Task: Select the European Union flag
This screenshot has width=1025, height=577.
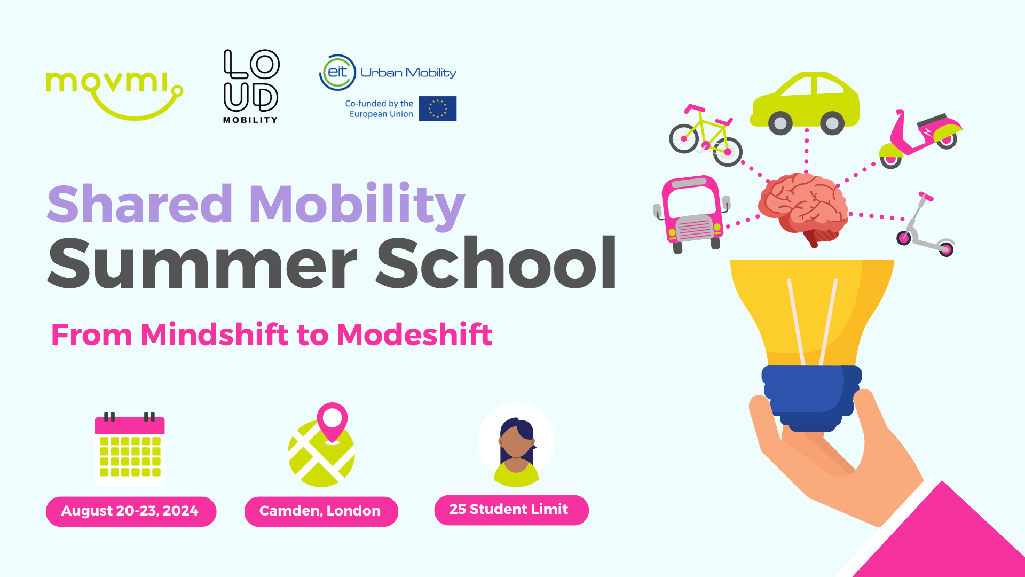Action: [x=438, y=108]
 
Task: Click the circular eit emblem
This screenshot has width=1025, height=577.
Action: [x=337, y=72]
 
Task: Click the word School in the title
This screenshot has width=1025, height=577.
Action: [x=497, y=263]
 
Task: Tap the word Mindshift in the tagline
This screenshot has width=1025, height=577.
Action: [x=215, y=334]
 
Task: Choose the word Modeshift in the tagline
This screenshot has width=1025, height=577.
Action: [x=414, y=334]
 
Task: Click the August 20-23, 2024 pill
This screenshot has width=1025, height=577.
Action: [x=131, y=511]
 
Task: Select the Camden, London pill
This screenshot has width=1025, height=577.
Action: [x=321, y=511]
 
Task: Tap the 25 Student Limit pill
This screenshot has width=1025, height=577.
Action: [x=511, y=510]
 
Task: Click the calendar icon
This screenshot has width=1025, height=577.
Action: [x=130, y=449]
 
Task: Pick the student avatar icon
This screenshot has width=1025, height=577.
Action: [x=516, y=445]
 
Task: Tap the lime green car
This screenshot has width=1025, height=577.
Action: [x=805, y=103]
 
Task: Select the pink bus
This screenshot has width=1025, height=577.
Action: [x=692, y=214]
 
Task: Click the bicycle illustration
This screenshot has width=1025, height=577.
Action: [x=706, y=136]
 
